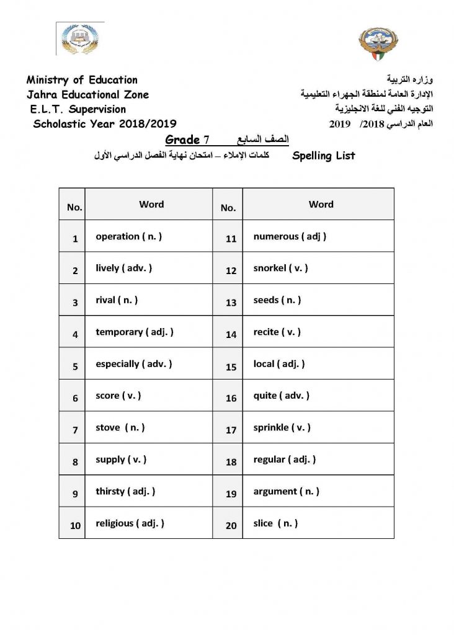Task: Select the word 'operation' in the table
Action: coord(117,236)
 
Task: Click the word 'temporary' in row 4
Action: coord(119,332)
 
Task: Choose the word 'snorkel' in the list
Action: coord(270,269)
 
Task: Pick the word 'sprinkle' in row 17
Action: coord(271,428)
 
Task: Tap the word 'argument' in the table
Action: coord(275,492)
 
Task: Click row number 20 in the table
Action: coord(231,525)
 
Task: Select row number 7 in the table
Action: coord(75,430)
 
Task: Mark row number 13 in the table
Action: coord(231,303)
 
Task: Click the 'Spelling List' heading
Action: coord(323,156)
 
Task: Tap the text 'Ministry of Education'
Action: coord(82,80)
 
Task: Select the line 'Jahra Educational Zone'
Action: coord(87,95)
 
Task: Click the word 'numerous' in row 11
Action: coord(275,236)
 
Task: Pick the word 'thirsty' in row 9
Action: coord(110,492)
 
